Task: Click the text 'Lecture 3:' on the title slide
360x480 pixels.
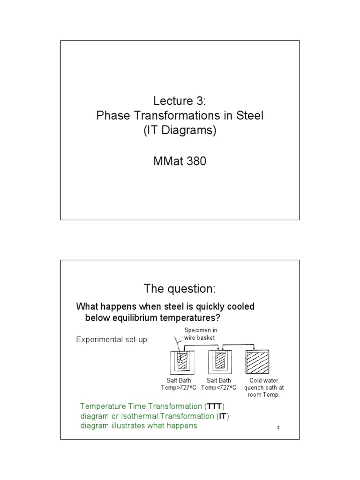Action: (180, 100)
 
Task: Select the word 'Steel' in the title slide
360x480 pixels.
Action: (248, 116)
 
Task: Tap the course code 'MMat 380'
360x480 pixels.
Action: (180, 162)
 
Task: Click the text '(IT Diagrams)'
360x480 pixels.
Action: (180, 131)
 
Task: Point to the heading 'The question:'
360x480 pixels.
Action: (180, 287)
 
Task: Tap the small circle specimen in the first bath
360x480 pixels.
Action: (180, 362)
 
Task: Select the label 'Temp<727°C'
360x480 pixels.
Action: (219, 388)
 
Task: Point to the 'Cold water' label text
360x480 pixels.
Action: (264, 381)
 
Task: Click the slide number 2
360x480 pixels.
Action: (277, 427)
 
